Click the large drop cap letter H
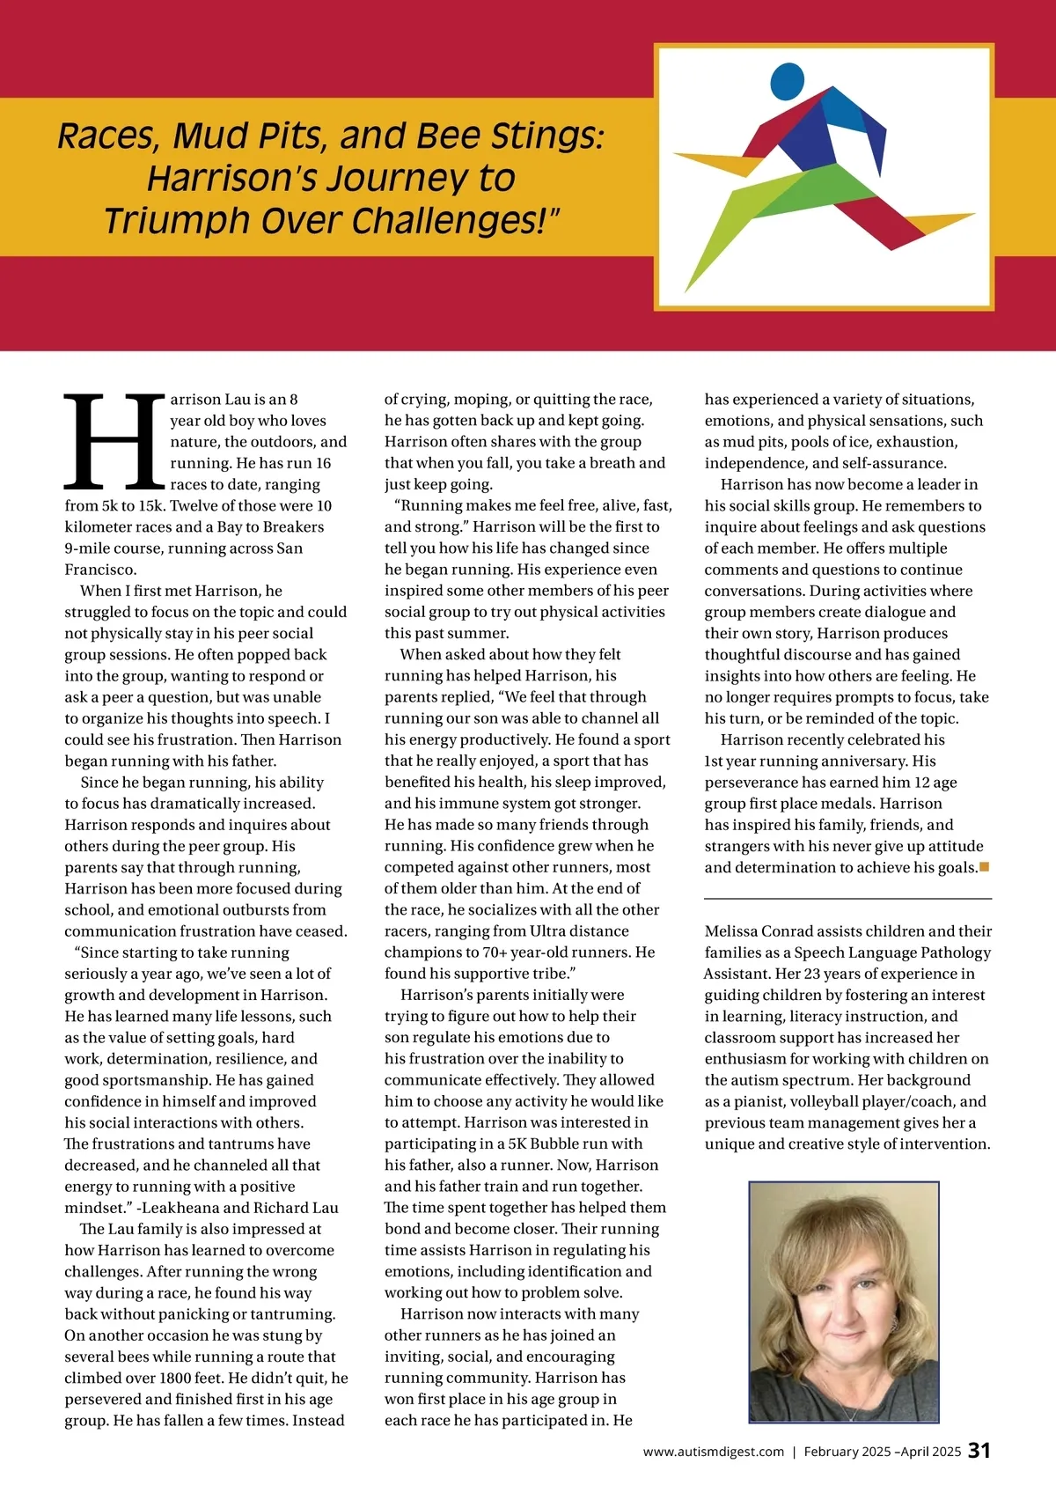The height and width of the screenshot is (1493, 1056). tap(114, 443)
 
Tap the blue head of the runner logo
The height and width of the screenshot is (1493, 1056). tap(787, 82)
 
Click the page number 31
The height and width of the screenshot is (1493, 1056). tap(979, 1451)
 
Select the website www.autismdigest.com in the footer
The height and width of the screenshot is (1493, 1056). tap(713, 1452)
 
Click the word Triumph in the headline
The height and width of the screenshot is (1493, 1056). tap(163, 221)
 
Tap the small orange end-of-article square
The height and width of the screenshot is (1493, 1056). tap(985, 867)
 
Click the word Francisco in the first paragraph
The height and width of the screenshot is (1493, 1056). tap(100, 570)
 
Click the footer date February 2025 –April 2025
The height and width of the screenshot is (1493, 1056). tap(882, 1452)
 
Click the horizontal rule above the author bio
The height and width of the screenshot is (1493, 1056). tap(847, 899)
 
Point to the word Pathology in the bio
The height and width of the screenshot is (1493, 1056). tap(957, 952)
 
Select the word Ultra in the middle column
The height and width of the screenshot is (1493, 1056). tap(548, 931)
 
